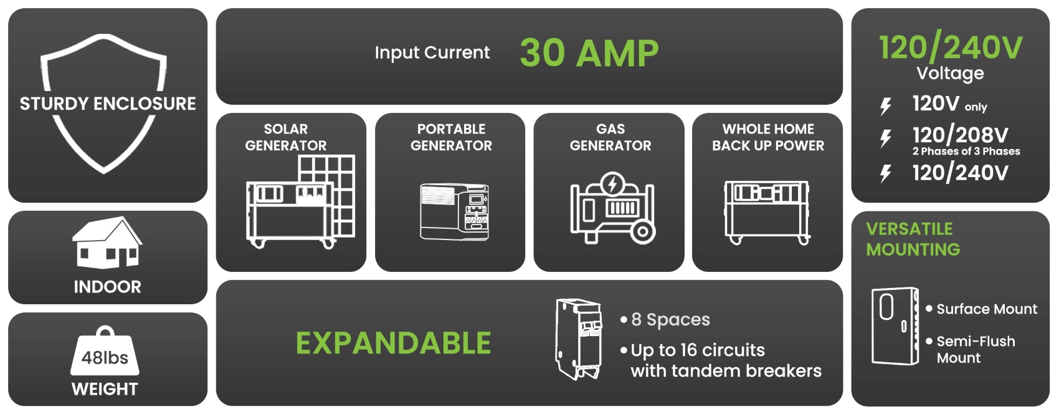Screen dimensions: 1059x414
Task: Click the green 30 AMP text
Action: (x=589, y=52)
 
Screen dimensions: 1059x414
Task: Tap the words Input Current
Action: (x=432, y=52)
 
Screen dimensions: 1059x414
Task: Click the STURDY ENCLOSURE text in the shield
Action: (x=108, y=103)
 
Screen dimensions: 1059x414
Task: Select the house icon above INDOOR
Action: (x=107, y=243)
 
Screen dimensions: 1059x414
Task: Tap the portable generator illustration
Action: (x=454, y=211)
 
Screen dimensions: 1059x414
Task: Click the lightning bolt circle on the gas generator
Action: (x=613, y=184)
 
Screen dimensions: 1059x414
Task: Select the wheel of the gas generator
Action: (x=643, y=232)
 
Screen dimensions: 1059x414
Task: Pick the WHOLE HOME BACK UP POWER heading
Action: (x=768, y=137)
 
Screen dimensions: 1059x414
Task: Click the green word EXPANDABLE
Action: (x=393, y=342)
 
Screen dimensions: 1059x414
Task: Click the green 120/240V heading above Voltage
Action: (x=951, y=48)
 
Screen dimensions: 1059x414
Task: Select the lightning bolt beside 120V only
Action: (x=885, y=107)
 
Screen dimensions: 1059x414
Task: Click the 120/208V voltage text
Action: (x=960, y=135)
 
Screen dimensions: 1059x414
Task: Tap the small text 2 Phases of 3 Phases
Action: (x=966, y=152)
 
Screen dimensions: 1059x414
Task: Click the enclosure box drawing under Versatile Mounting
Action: (x=895, y=326)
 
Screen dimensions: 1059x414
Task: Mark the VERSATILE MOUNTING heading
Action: (x=913, y=239)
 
